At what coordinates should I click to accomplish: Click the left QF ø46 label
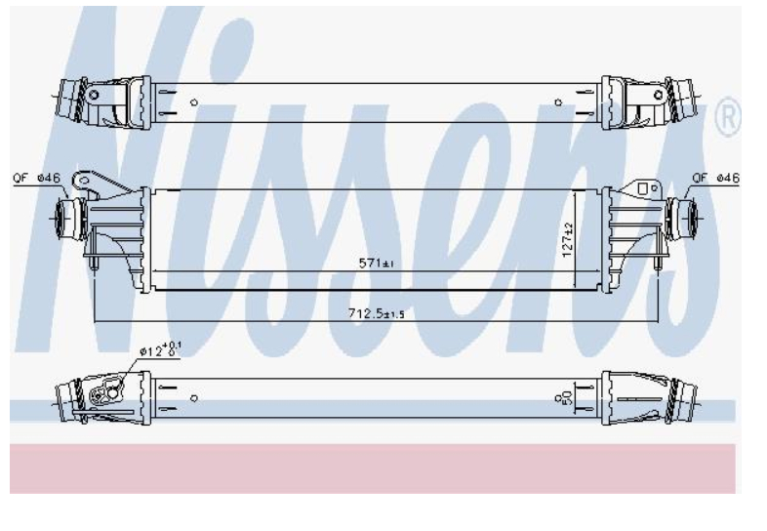point(37,178)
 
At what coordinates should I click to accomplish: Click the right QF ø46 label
point(716,178)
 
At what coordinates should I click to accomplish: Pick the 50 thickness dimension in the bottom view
point(566,397)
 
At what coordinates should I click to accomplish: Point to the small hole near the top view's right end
point(558,102)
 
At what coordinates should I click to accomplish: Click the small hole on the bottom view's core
point(193,397)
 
